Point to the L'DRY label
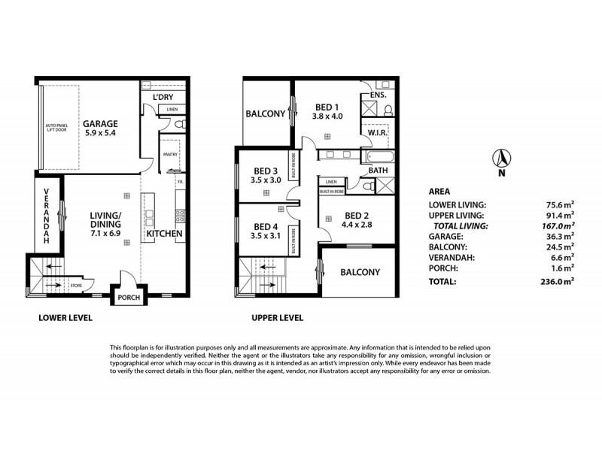(163, 98)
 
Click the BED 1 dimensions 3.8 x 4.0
(327, 117)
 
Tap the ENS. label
(378, 95)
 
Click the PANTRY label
(169, 155)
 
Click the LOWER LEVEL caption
(65, 318)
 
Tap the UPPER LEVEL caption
(276, 318)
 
